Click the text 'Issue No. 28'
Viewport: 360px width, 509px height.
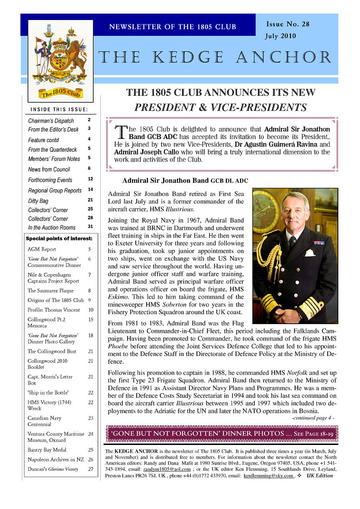coord(288,24)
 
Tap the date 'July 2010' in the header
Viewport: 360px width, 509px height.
coord(280,36)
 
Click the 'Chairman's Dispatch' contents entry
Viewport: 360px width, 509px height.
coord(51,121)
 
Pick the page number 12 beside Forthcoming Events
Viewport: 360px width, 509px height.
coord(90,179)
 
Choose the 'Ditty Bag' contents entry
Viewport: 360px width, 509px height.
coord(38,201)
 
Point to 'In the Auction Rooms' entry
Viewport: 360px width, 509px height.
coord(52,228)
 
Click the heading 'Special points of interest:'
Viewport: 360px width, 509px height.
coord(59,239)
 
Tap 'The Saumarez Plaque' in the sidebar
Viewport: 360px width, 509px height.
coord(50,291)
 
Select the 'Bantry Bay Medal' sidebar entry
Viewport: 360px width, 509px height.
coord(47,450)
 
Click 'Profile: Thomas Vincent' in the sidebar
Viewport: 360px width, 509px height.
coord(54,310)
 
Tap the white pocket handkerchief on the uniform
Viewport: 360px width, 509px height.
coord(310,253)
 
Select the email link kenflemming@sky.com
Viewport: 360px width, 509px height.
coord(269,476)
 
